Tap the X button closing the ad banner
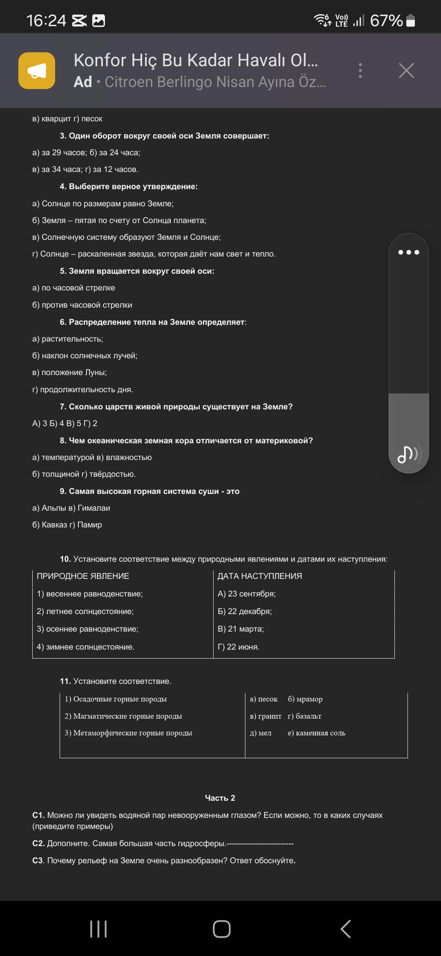pos(406,71)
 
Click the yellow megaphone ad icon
pos(37,71)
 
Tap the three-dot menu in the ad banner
pos(360,71)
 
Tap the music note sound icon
pos(408,454)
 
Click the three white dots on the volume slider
pos(408,252)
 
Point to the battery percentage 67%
pos(386,20)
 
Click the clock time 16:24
pos(46,20)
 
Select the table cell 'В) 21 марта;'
pos(241,629)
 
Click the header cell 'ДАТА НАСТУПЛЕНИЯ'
pos(260,576)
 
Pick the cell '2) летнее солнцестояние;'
pos(85,612)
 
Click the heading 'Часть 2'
pos(220,798)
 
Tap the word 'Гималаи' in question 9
pos(94,508)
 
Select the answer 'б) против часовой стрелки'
pos(82,305)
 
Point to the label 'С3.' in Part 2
pos(38,860)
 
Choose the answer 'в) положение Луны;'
pos(69,373)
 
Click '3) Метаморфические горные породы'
pos(128,733)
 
